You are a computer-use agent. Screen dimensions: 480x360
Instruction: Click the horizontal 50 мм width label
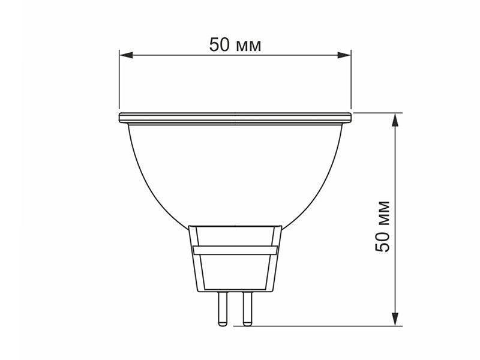point(235,44)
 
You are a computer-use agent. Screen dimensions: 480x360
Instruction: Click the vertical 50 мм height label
point(382,226)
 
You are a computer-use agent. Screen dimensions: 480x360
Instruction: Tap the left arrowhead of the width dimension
point(126,55)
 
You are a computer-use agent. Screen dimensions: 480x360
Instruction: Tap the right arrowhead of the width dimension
point(343,55)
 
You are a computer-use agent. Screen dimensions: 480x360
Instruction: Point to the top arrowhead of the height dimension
point(395,119)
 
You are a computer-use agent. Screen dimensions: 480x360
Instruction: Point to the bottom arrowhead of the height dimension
point(395,319)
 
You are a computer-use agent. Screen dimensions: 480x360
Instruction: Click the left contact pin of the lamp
point(222,308)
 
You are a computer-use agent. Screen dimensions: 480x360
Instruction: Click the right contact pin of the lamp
point(247,308)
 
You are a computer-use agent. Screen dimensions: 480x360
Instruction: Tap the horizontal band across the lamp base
point(235,250)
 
